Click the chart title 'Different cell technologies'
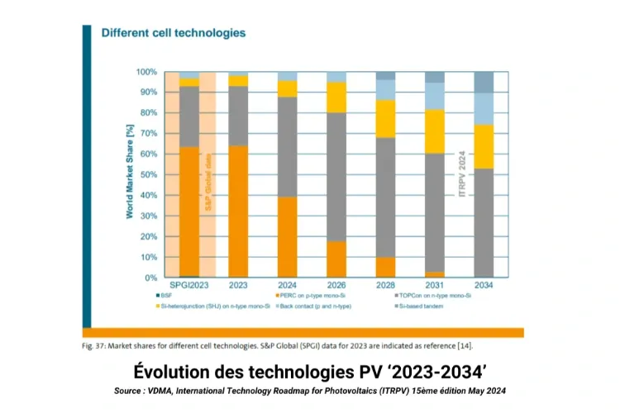pyautogui.click(x=173, y=34)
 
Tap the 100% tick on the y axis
pyautogui.click(x=146, y=72)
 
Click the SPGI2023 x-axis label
pyautogui.click(x=189, y=285)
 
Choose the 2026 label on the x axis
pyautogui.click(x=336, y=285)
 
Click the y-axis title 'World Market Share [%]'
pyautogui.click(x=130, y=175)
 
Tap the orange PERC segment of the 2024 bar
pyautogui.click(x=287, y=237)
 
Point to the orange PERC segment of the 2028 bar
pyautogui.click(x=385, y=268)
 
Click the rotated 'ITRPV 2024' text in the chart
pyautogui.click(x=462, y=173)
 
